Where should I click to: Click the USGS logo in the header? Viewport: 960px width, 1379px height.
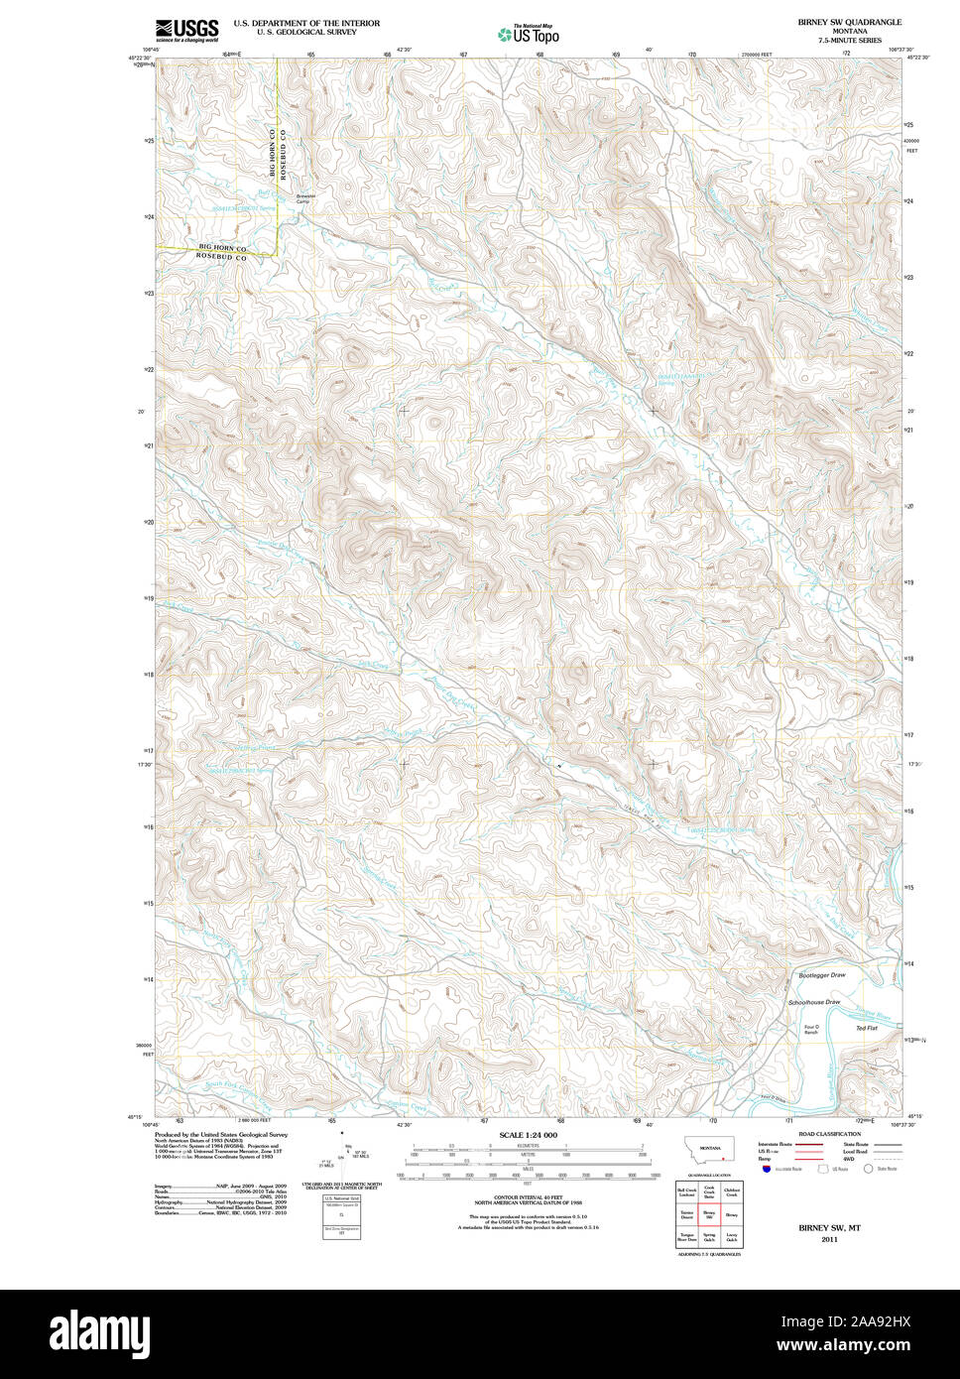186,31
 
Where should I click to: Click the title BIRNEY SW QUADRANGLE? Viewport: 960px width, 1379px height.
849,22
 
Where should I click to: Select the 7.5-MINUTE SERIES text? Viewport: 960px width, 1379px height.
849,41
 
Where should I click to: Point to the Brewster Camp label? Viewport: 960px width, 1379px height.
305,198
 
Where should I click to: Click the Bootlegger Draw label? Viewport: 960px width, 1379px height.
822,976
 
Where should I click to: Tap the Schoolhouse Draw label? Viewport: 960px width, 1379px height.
814,1003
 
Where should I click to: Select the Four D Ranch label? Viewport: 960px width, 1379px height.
810,1030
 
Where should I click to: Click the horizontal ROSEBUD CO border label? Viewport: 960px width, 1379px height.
220,256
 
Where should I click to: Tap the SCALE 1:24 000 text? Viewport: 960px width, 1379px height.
528,1135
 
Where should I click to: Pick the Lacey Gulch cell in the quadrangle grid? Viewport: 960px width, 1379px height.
732,1237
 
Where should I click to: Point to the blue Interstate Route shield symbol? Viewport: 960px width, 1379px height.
767,1170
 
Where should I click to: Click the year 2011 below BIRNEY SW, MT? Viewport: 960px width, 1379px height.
829,1239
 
